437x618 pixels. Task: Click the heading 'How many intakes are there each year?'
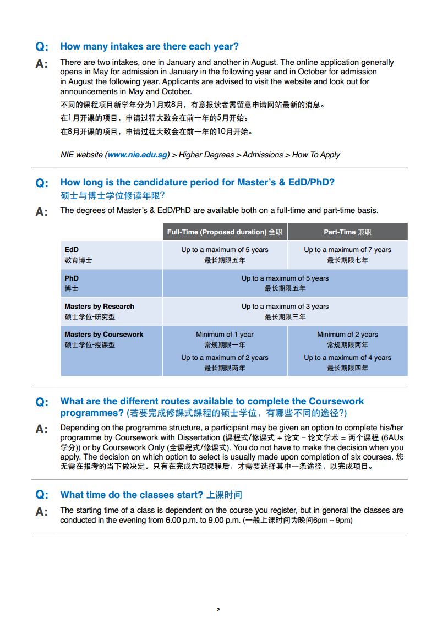[149, 46]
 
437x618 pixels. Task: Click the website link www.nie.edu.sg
[138, 155]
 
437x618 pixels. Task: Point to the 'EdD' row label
[72, 249]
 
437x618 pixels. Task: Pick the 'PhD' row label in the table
[72, 278]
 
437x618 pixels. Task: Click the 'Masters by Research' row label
[99, 306]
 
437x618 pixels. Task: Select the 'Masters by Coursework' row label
[103, 334]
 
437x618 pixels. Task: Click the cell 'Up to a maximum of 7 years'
[347, 249]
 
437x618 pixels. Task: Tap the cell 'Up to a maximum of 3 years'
[285, 306]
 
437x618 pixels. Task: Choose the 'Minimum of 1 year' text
[225, 334]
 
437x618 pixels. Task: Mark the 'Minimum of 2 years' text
[347, 334]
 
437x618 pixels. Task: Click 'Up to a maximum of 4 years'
[347, 357]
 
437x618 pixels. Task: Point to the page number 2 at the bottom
[218, 609]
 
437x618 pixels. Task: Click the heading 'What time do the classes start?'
[132, 494]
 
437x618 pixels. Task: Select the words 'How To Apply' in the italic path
[316, 155]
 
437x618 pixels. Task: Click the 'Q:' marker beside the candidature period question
[42, 183]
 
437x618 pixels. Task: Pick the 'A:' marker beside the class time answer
[42, 512]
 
